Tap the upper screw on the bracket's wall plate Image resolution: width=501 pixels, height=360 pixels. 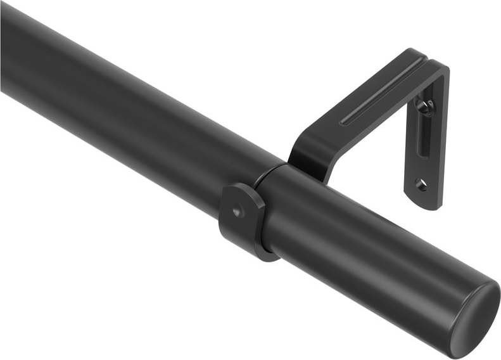click(x=426, y=105)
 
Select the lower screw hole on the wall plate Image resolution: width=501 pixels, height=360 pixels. click(x=421, y=184)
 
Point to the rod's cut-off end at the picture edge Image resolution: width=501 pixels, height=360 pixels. click(x=4, y=51)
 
